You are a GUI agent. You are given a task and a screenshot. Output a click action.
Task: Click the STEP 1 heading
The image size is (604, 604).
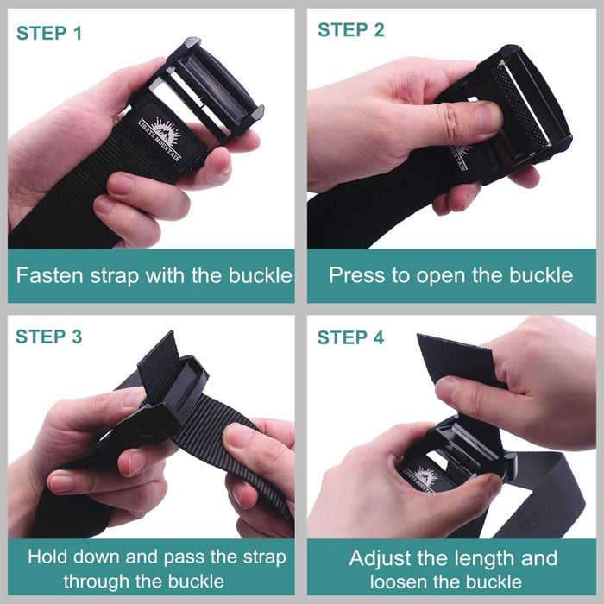[x=49, y=34]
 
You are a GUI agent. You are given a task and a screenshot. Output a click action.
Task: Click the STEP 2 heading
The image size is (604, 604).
[x=351, y=30]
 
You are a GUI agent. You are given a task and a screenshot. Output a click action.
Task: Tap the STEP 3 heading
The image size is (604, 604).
[x=49, y=337]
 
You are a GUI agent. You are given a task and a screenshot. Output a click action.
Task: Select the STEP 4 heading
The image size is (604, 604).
[x=351, y=337]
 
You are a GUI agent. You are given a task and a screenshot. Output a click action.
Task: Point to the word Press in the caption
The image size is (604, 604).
[x=355, y=276]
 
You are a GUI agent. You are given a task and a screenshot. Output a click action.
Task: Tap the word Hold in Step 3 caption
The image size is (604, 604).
[x=47, y=557]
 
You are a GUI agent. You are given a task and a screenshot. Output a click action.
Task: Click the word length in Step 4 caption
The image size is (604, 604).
[x=488, y=557]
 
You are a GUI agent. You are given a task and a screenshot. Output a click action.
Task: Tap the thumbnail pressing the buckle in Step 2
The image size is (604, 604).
[x=488, y=116]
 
